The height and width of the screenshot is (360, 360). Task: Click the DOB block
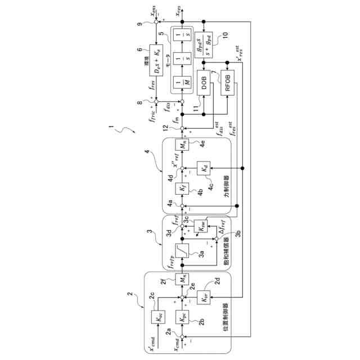click(204, 85)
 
